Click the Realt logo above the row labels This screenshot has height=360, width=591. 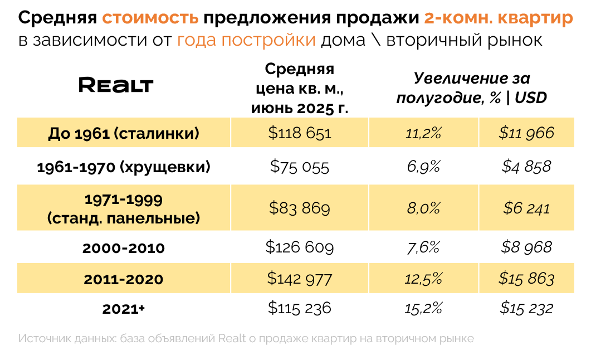coord(116,85)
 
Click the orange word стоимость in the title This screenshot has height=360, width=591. coord(150,18)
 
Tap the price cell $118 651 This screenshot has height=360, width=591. coord(300,133)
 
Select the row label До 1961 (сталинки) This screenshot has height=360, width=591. coord(124,133)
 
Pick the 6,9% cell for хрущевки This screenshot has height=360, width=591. coord(424,167)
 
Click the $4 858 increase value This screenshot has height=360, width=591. coord(526,167)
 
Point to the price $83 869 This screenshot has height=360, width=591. coord(300,208)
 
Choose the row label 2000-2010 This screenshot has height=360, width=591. coord(124,248)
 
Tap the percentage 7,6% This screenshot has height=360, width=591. coord(424,247)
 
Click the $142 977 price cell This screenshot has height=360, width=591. coord(300,278)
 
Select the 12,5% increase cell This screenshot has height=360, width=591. coord(424,279)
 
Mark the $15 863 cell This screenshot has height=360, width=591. coord(526,279)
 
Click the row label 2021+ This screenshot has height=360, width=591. coord(124,309)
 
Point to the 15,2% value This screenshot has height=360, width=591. coord(424,308)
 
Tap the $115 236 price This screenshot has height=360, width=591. coord(300,308)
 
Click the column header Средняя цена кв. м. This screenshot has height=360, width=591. coord(300,88)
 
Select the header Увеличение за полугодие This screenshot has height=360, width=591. coord(471,88)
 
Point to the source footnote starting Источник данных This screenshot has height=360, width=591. coord(246,338)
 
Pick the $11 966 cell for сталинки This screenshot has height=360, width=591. coord(526,133)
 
